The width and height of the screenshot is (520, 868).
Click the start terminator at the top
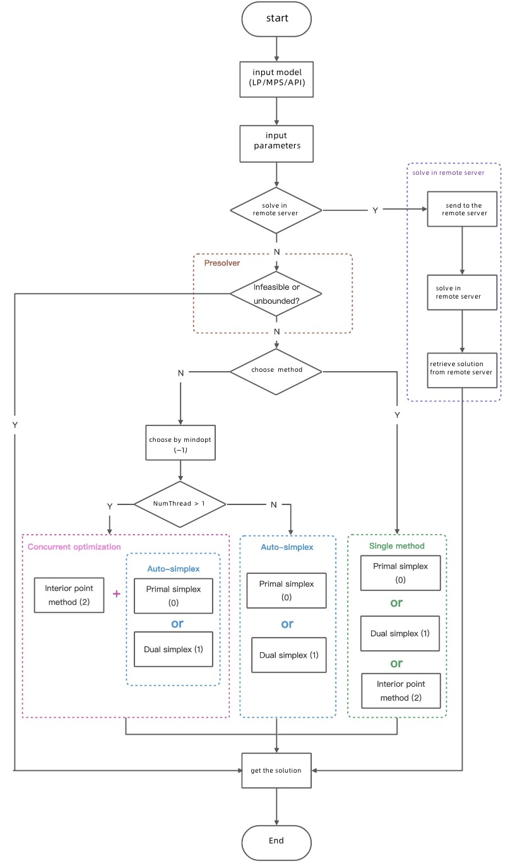(276, 18)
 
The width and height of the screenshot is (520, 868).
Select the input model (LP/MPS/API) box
(276, 79)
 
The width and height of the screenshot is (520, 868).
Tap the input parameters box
(276, 141)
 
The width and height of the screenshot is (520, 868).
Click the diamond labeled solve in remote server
(276, 210)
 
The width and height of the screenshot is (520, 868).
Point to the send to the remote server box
(463, 209)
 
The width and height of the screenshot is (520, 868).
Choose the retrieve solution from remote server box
(463, 368)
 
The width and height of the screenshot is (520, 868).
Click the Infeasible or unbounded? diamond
(276, 294)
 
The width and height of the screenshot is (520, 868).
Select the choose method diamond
(276, 370)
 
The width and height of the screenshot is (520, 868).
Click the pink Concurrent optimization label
(74, 547)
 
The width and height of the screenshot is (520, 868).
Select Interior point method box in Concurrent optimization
(69, 595)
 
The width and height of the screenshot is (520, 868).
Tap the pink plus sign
(116, 594)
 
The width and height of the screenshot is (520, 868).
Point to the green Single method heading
(397, 545)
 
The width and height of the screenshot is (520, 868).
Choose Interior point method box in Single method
(401, 691)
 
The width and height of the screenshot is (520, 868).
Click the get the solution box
(276, 770)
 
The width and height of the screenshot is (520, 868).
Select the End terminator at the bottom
(276, 841)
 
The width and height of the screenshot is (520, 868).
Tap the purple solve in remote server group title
(448, 172)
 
